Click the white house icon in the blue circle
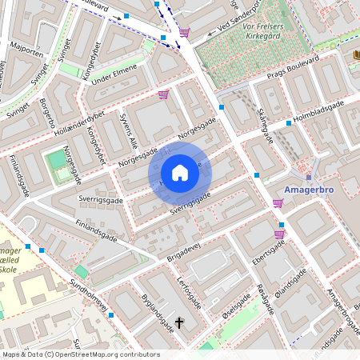[179, 173]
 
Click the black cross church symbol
[179, 324]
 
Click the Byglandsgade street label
[157, 313]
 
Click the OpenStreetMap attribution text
[80, 354]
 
